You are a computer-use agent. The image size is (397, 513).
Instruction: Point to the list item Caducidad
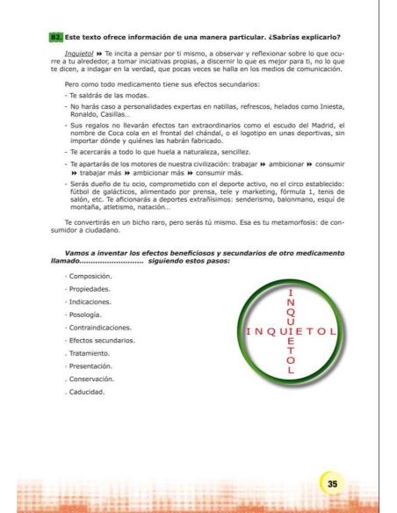[x=92, y=391]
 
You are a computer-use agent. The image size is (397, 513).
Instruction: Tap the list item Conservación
[x=97, y=379]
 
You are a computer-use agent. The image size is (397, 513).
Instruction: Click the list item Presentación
[x=97, y=365]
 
